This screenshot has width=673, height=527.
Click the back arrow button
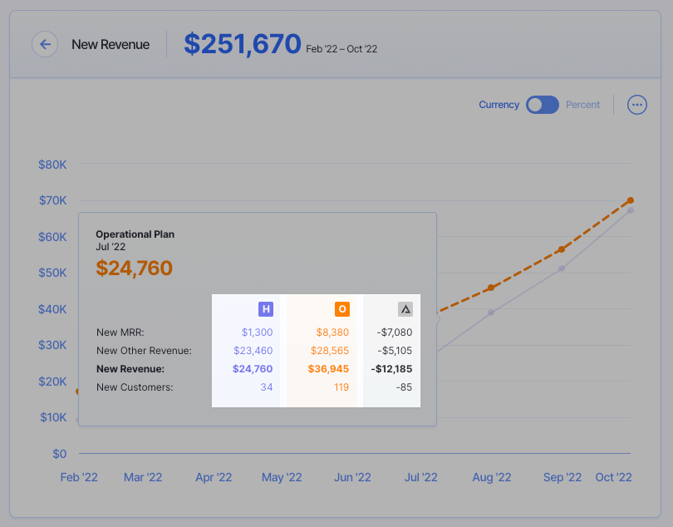tap(45, 44)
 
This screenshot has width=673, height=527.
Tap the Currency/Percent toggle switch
tap(543, 105)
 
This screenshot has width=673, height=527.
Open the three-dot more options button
tap(637, 105)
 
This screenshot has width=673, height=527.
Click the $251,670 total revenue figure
tap(242, 44)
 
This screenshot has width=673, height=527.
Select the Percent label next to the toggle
tap(582, 105)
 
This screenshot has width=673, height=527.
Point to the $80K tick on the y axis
tap(52, 165)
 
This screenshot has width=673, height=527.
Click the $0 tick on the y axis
tap(59, 454)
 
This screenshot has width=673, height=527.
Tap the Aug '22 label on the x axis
tap(492, 477)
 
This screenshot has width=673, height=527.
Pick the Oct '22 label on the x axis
tap(614, 477)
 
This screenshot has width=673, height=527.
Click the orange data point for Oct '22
tap(631, 200)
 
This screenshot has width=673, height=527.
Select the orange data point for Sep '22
tap(562, 249)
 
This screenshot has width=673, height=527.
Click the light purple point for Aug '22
tap(491, 313)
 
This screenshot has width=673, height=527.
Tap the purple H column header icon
tap(266, 309)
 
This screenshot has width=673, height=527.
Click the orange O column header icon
tap(342, 309)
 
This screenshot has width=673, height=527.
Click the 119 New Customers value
tap(341, 387)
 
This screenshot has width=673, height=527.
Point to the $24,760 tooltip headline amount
tap(135, 268)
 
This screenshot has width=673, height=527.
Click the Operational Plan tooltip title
tap(135, 234)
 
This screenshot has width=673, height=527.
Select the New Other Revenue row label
tap(144, 351)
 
